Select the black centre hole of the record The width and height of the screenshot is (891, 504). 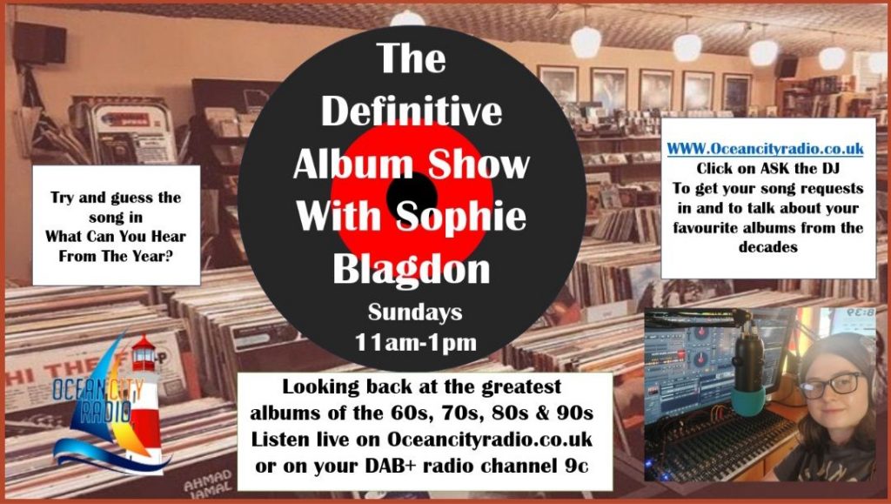pos(412,196)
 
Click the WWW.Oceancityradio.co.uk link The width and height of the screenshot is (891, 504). pos(765,149)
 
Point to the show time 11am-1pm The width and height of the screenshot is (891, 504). pos(415,342)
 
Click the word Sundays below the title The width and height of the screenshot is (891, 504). pos(415,312)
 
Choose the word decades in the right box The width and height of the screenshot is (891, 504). pos(767,247)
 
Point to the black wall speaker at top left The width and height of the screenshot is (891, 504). pos(40,42)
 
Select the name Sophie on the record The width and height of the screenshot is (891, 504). pos(461,217)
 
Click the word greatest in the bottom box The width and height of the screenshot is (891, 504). pos(521,387)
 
